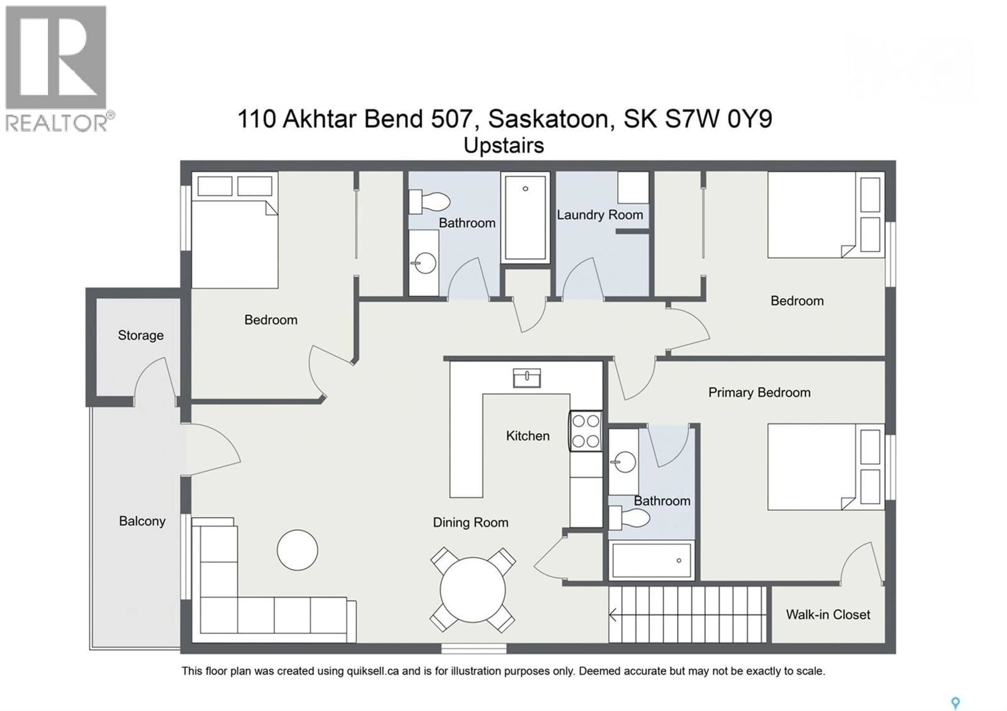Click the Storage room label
tap(140, 335)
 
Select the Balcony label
tap(142, 521)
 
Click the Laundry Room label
tap(599, 215)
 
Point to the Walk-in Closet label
tap(828, 615)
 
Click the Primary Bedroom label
tap(759, 392)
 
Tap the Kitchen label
tap(528, 436)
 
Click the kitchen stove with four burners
tap(586, 431)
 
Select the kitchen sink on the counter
tap(527, 378)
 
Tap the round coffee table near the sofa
tap(297, 550)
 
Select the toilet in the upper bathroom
tap(430, 202)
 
